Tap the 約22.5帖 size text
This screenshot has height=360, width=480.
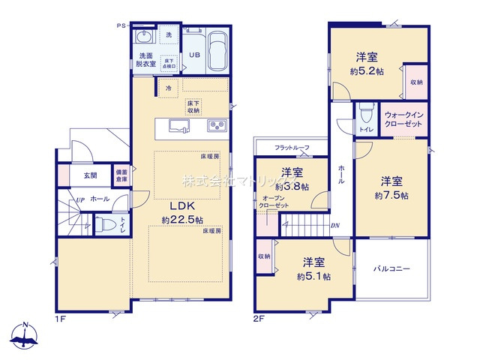(x=181, y=220)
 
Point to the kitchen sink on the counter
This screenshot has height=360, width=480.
(x=179, y=124)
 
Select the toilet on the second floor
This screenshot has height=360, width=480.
(x=366, y=115)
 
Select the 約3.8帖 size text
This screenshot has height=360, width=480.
(x=292, y=187)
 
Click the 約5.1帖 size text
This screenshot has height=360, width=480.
(x=313, y=277)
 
